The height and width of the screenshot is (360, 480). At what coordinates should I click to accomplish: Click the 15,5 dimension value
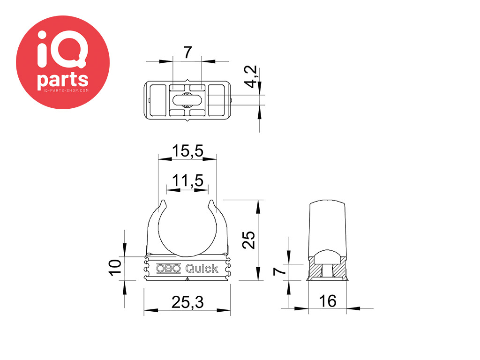[187, 151]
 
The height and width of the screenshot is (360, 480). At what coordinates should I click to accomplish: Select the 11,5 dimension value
[187, 180]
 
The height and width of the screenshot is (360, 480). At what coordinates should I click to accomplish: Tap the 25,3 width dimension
[187, 302]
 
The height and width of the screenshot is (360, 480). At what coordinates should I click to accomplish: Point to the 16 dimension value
[328, 301]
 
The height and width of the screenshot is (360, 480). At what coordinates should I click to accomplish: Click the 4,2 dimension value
[251, 77]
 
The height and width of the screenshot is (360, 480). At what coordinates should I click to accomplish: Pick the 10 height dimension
[115, 267]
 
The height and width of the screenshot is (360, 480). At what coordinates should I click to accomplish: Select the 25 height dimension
[248, 240]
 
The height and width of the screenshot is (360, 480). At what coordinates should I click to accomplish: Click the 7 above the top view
[187, 52]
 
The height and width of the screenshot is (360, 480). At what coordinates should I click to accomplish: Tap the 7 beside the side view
[279, 271]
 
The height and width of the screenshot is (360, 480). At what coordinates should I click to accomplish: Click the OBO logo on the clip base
[169, 269]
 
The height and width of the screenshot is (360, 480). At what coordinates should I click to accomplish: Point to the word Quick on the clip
[202, 269]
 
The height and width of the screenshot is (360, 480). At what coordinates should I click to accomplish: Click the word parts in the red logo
[63, 80]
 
